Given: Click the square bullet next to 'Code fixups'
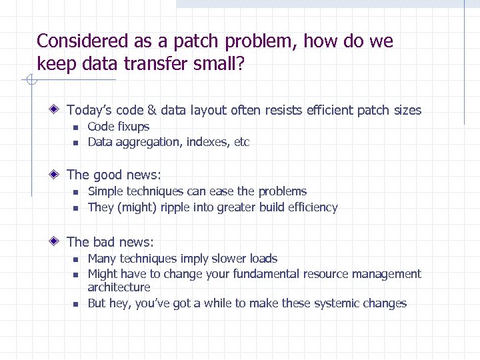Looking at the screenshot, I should (x=76, y=127).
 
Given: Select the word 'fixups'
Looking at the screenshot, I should (x=133, y=127).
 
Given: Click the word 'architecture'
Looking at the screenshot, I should (x=119, y=287).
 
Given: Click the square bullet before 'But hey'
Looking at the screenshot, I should (x=76, y=304).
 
